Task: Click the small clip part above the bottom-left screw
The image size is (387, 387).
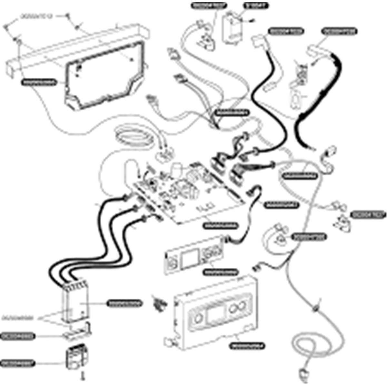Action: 76,356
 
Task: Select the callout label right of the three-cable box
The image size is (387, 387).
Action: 124,303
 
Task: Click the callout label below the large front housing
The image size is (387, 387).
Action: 248,346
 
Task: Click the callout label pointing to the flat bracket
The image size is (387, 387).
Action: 18,336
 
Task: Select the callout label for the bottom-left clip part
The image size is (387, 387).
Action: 18,363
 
